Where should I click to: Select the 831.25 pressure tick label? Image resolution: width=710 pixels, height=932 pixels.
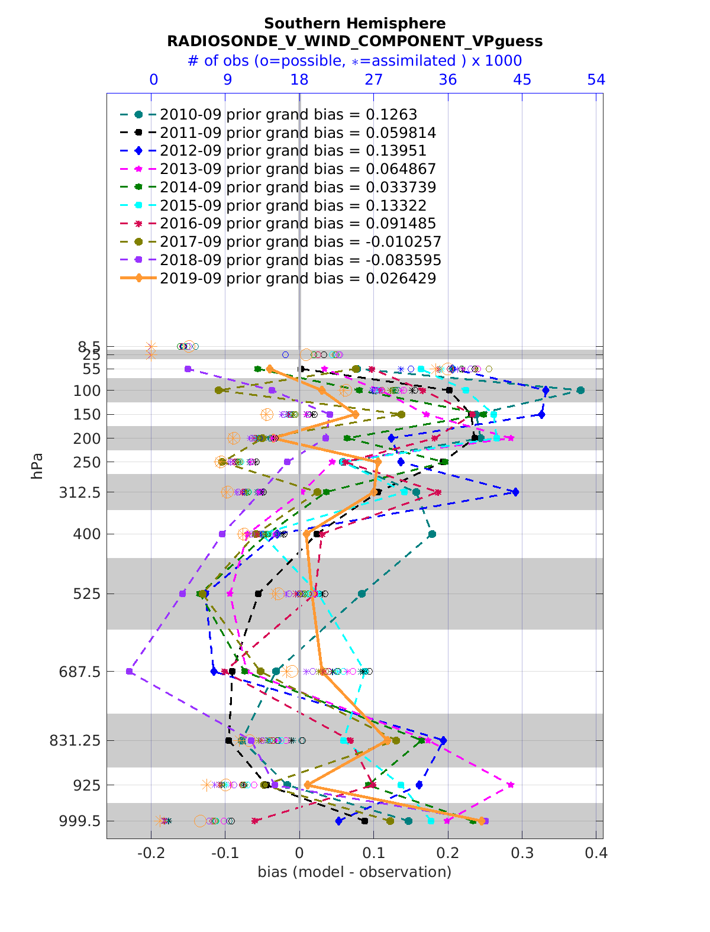[75, 740]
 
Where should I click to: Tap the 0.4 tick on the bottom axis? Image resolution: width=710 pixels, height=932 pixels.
[596, 853]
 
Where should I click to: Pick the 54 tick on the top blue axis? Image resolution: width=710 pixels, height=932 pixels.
[596, 80]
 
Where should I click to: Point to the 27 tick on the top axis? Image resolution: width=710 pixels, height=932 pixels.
[374, 80]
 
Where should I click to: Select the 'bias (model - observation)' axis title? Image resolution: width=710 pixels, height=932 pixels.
[354, 872]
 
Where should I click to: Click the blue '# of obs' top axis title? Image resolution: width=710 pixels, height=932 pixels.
[354, 60]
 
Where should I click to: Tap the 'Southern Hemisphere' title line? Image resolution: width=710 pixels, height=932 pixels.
[354, 23]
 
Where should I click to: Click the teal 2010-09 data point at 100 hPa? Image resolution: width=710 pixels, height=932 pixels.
[580, 390]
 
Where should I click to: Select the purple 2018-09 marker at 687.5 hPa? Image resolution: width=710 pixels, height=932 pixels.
[129, 671]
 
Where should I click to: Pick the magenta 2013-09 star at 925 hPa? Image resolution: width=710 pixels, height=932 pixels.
[511, 785]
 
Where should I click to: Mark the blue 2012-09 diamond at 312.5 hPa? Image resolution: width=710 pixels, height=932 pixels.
[515, 492]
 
